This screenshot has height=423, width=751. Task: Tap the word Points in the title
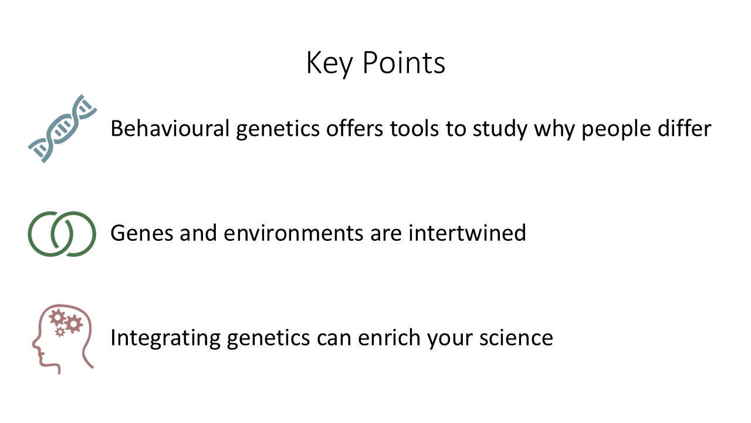(404, 62)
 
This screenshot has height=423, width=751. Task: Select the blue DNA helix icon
(62, 129)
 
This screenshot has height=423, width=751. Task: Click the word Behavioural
(170, 128)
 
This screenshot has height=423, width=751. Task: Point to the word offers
(354, 128)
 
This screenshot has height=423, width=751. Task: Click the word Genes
(142, 233)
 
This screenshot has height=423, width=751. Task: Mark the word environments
(293, 233)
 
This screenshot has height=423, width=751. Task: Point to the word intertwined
(467, 232)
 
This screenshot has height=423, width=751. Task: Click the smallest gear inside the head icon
(60, 332)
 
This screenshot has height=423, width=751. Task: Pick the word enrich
(389, 337)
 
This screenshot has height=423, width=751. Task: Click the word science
(516, 337)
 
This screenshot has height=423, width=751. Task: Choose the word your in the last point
(449, 340)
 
